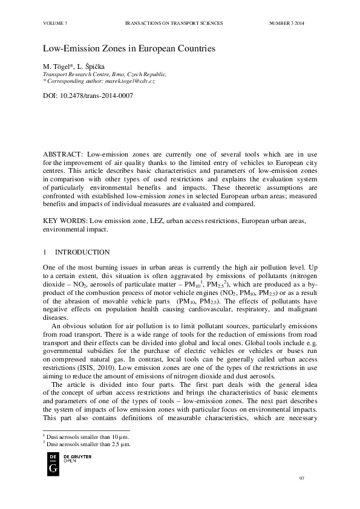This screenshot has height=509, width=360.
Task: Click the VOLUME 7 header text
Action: click(55, 22)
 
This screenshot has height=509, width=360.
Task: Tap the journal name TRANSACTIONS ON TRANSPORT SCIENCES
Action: click(174, 22)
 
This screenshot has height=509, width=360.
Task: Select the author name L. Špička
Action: click(90, 65)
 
